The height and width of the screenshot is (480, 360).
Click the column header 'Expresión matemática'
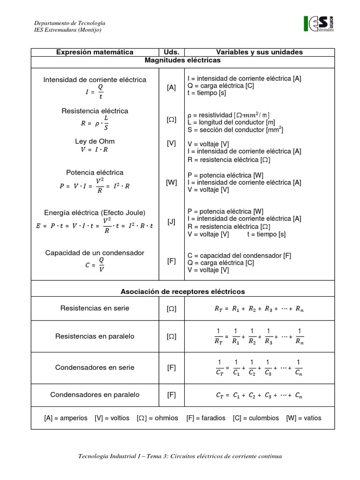tap(95, 52)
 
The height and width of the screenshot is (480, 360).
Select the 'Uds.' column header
tap(172, 52)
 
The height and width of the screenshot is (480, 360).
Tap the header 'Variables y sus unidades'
tap(259, 52)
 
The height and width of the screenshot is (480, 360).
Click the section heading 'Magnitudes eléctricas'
tap(182, 60)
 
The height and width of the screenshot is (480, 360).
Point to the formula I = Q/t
tap(95, 92)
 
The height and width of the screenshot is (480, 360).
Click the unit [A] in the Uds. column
tap(172, 88)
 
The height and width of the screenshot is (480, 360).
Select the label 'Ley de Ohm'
tap(95, 141)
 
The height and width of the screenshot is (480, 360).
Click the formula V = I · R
tap(95, 150)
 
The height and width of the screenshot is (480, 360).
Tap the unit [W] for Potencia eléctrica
tap(172, 182)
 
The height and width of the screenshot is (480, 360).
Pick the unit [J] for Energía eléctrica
tap(172, 221)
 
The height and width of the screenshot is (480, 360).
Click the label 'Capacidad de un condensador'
tap(95, 253)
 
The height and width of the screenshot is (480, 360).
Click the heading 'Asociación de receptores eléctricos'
tap(182, 292)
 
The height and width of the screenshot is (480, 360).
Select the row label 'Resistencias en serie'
tap(95, 308)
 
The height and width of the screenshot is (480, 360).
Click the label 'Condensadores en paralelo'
tap(95, 395)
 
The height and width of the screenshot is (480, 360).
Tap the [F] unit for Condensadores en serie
tap(172, 367)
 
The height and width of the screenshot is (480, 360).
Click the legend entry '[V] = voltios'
tap(112, 418)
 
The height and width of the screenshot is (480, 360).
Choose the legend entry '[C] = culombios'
tap(255, 418)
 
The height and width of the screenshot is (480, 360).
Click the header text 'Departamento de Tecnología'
tap(70, 23)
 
